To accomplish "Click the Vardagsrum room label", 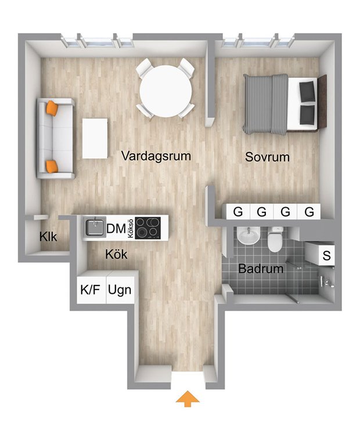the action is point(156,156).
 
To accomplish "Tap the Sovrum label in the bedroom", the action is point(267,157).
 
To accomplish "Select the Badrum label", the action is point(261,269).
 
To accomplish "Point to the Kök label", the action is point(116,255).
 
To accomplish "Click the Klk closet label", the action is point(48,236).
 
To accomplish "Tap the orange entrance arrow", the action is point(188,399).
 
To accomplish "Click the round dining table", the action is point(165,91).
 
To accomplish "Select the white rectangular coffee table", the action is point(95,138).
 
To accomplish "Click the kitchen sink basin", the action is point(95,227).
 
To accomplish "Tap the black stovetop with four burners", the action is point(148,227).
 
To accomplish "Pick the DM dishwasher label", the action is point(116,229).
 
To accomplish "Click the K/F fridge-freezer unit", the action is point(91,287).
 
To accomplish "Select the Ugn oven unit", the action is point(120,287).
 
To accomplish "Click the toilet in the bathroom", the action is point(275,239).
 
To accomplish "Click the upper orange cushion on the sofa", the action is point(52,108).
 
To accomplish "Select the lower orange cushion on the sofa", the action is point(52,167).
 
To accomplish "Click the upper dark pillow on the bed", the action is point(307,89).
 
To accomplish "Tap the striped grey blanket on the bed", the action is point(265,104).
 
